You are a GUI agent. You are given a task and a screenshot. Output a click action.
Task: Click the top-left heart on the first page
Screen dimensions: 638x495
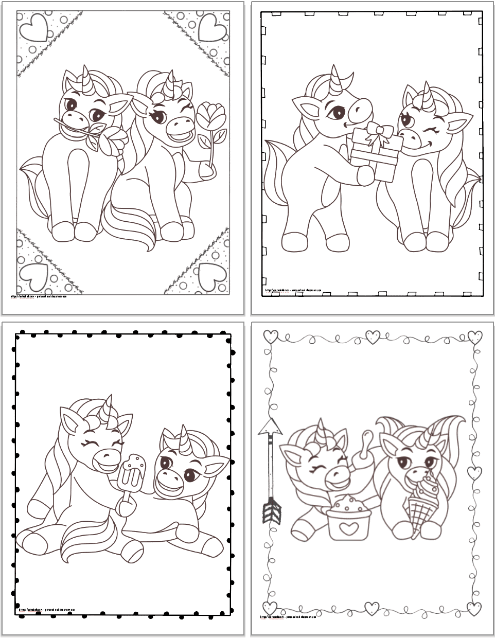34,25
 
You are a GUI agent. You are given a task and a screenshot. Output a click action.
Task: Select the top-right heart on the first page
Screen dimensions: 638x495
208,25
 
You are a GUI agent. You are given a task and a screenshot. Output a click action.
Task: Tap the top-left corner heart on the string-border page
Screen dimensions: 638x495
270,337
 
